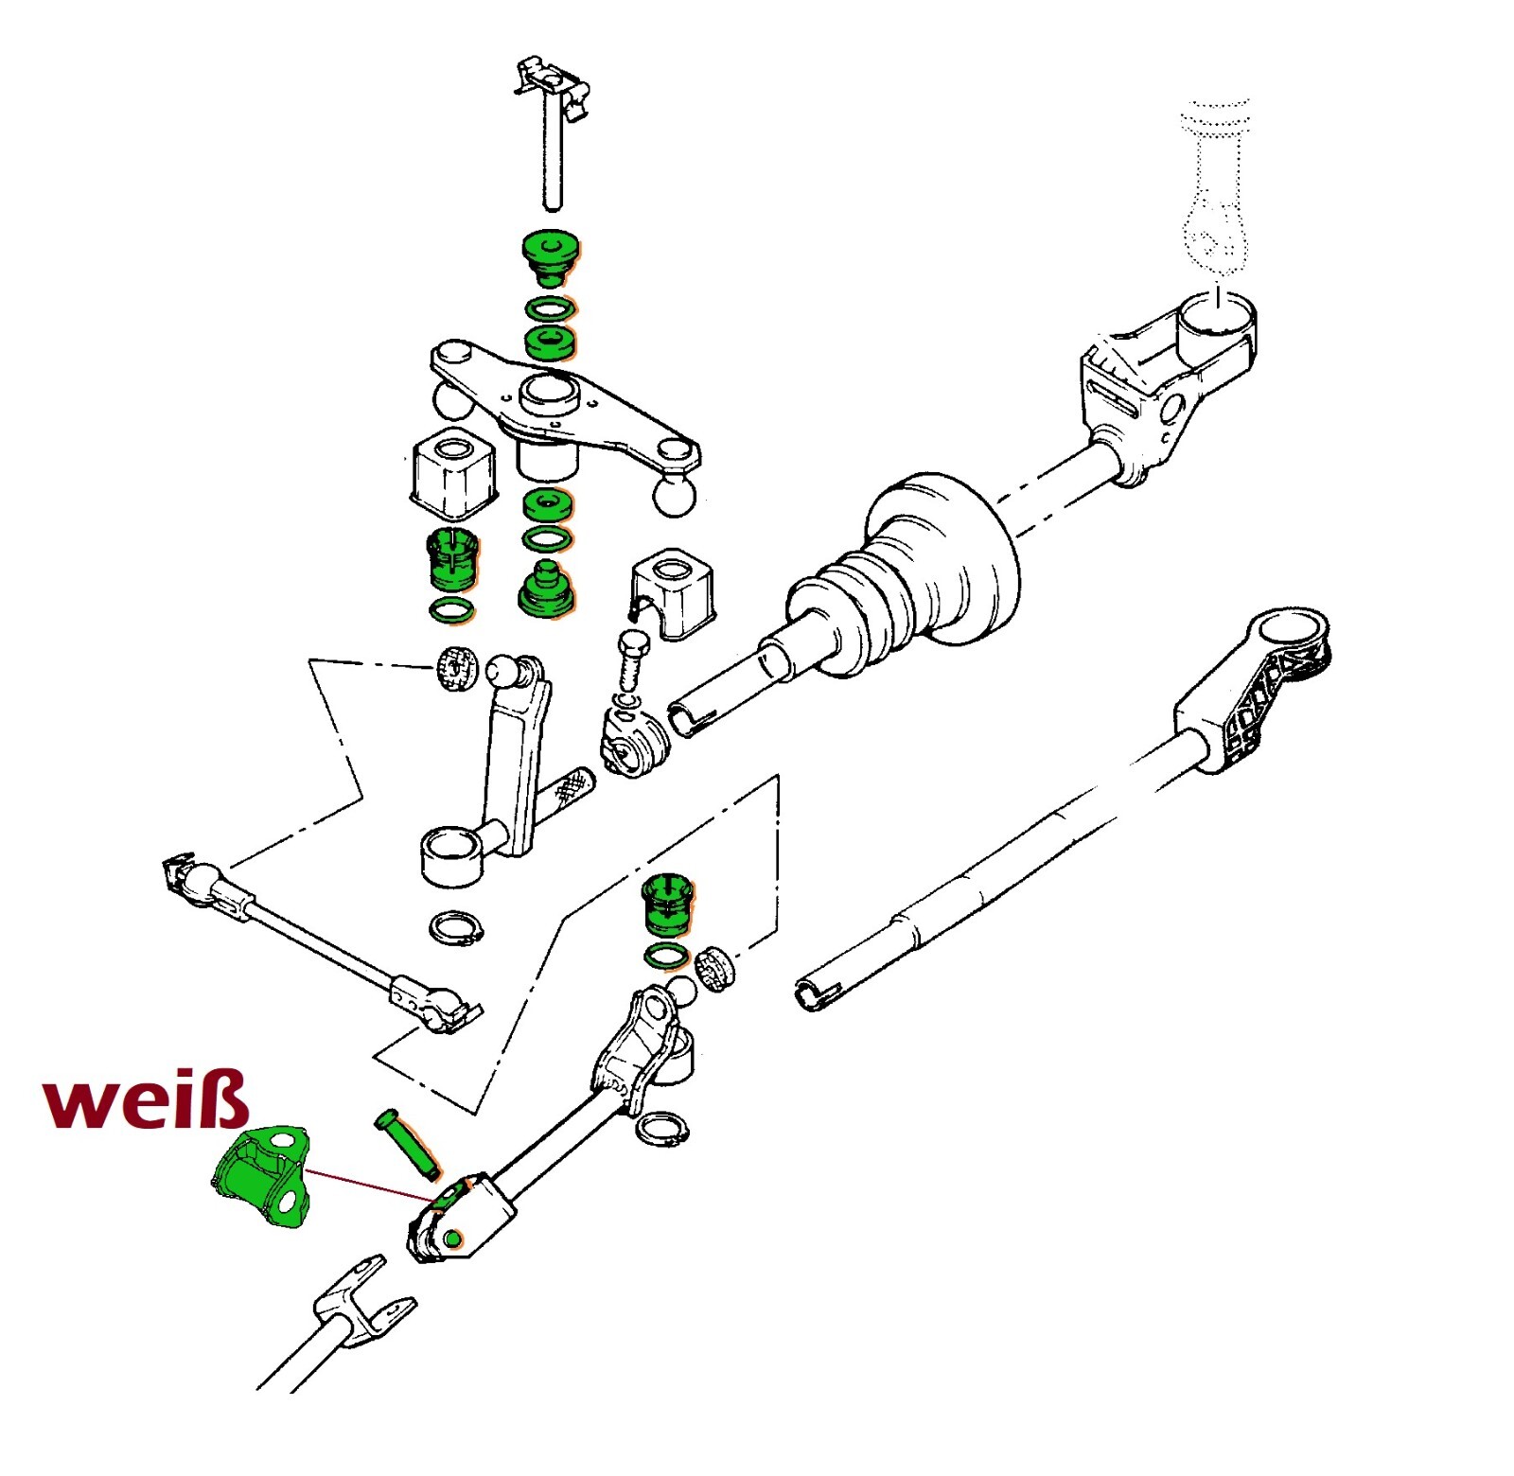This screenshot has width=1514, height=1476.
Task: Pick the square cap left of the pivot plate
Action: coord(454,473)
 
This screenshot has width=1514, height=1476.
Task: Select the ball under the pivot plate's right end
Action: coord(674,496)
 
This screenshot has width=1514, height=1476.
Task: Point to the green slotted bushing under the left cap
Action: coord(453,559)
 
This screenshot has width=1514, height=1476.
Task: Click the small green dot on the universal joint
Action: coord(452,1239)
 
